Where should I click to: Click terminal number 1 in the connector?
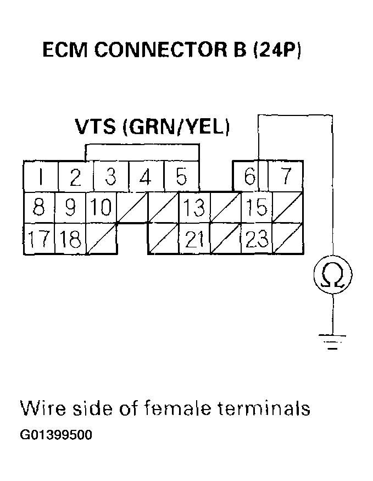(x=41, y=178)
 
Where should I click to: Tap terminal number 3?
(x=110, y=178)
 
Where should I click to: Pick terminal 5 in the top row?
(x=181, y=178)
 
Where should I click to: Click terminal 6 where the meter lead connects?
(x=250, y=178)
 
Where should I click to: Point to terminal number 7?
(x=285, y=178)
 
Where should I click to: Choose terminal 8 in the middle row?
(x=38, y=208)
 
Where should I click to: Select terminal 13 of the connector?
(x=193, y=208)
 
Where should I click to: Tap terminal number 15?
(x=257, y=208)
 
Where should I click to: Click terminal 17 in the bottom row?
(x=38, y=239)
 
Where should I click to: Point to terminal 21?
(x=194, y=239)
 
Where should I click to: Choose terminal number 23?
(x=257, y=239)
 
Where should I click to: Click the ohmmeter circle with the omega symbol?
(x=332, y=275)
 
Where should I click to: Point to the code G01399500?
(x=56, y=435)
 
